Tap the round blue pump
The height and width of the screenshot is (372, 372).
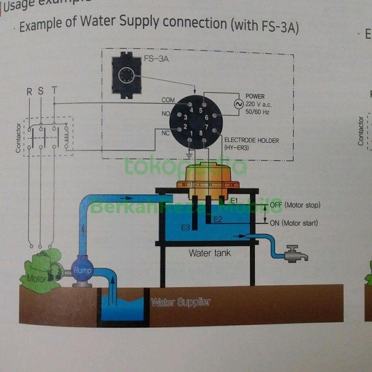point(82,270)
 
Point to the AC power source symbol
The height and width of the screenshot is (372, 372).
point(231,104)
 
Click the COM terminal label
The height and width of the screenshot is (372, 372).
point(168,100)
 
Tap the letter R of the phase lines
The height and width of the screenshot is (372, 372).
point(30,91)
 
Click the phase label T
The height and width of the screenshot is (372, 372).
point(54,91)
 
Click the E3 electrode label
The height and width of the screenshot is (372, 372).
point(185,227)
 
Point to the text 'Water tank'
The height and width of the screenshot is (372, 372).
point(210,253)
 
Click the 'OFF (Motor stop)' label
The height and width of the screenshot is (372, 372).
point(295,205)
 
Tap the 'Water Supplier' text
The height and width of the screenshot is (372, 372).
point(181,302)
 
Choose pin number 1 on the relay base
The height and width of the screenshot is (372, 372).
point(191,132)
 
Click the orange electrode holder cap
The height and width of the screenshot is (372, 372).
point(209,175)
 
